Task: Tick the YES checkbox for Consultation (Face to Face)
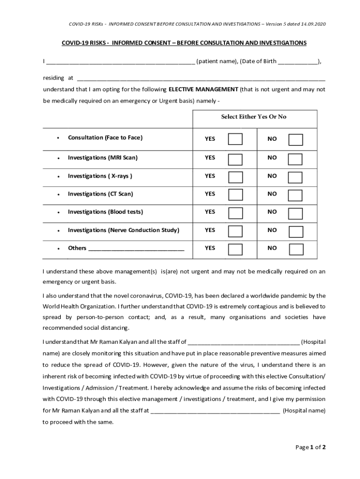click(x=235, y=139)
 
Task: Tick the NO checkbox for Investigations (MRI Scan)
click(x=295, y=159)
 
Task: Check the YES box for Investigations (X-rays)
click(x=235, y=177)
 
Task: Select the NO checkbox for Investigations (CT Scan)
click(x=295, y=195)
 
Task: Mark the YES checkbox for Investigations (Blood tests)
click(x=235, y=213)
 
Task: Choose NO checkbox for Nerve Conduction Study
click(x=295, y=232)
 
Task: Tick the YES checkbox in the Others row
click(x=235, y=249)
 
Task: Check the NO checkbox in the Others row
click(x=295, y=249)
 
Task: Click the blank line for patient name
click(x=120, y=62)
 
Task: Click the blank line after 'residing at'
click(x=201, y=79)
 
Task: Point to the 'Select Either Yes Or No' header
click(x=254, y=117)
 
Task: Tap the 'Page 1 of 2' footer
click(x=310, y=447)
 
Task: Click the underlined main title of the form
click(x=184, y=43)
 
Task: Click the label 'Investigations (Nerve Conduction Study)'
click(x=123, y=230)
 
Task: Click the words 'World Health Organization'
click(x=79, y=306)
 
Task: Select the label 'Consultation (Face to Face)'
click(x=105, y=138)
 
